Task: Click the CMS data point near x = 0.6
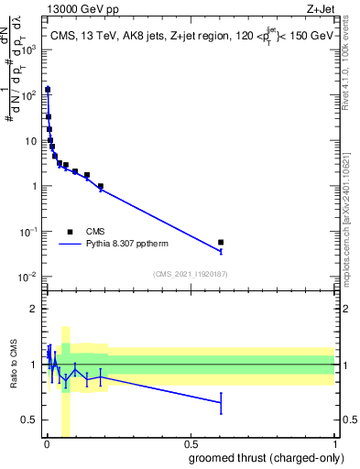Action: [220, 243]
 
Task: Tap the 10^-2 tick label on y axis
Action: [29, 277]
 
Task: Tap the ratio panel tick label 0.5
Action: [30, 420]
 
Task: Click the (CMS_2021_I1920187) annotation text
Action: [190, 274]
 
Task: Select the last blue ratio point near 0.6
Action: [220, 402]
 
